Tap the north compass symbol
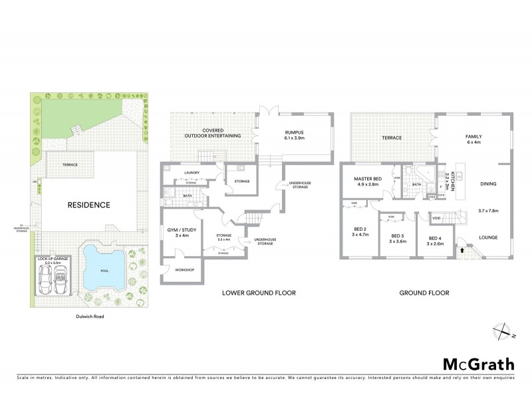coord(501,329)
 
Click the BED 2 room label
coord(360,231)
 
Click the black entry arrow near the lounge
coord(462,250)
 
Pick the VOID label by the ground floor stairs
coord(436,217)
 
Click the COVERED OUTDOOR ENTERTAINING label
coord(213,133)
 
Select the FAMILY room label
coord(473,138)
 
